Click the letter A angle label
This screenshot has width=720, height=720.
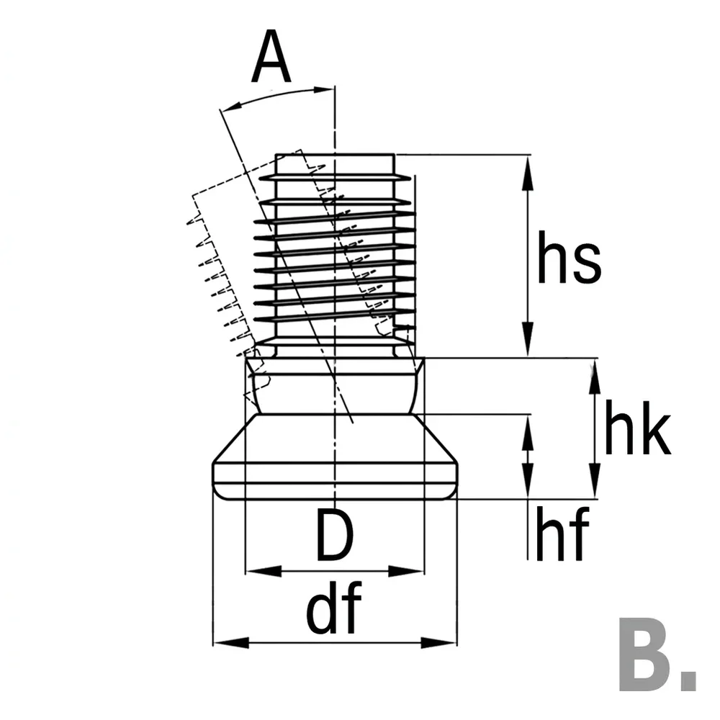click(271, 56)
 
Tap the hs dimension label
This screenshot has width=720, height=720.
click(569, 258)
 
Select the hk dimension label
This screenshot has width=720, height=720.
click(638, 428)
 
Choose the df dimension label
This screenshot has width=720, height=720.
click(334, 608)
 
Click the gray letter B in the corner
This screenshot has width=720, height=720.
click(646, 654)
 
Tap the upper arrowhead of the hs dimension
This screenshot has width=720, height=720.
click(528, 173)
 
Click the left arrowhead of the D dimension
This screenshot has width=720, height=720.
click(264, 572)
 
